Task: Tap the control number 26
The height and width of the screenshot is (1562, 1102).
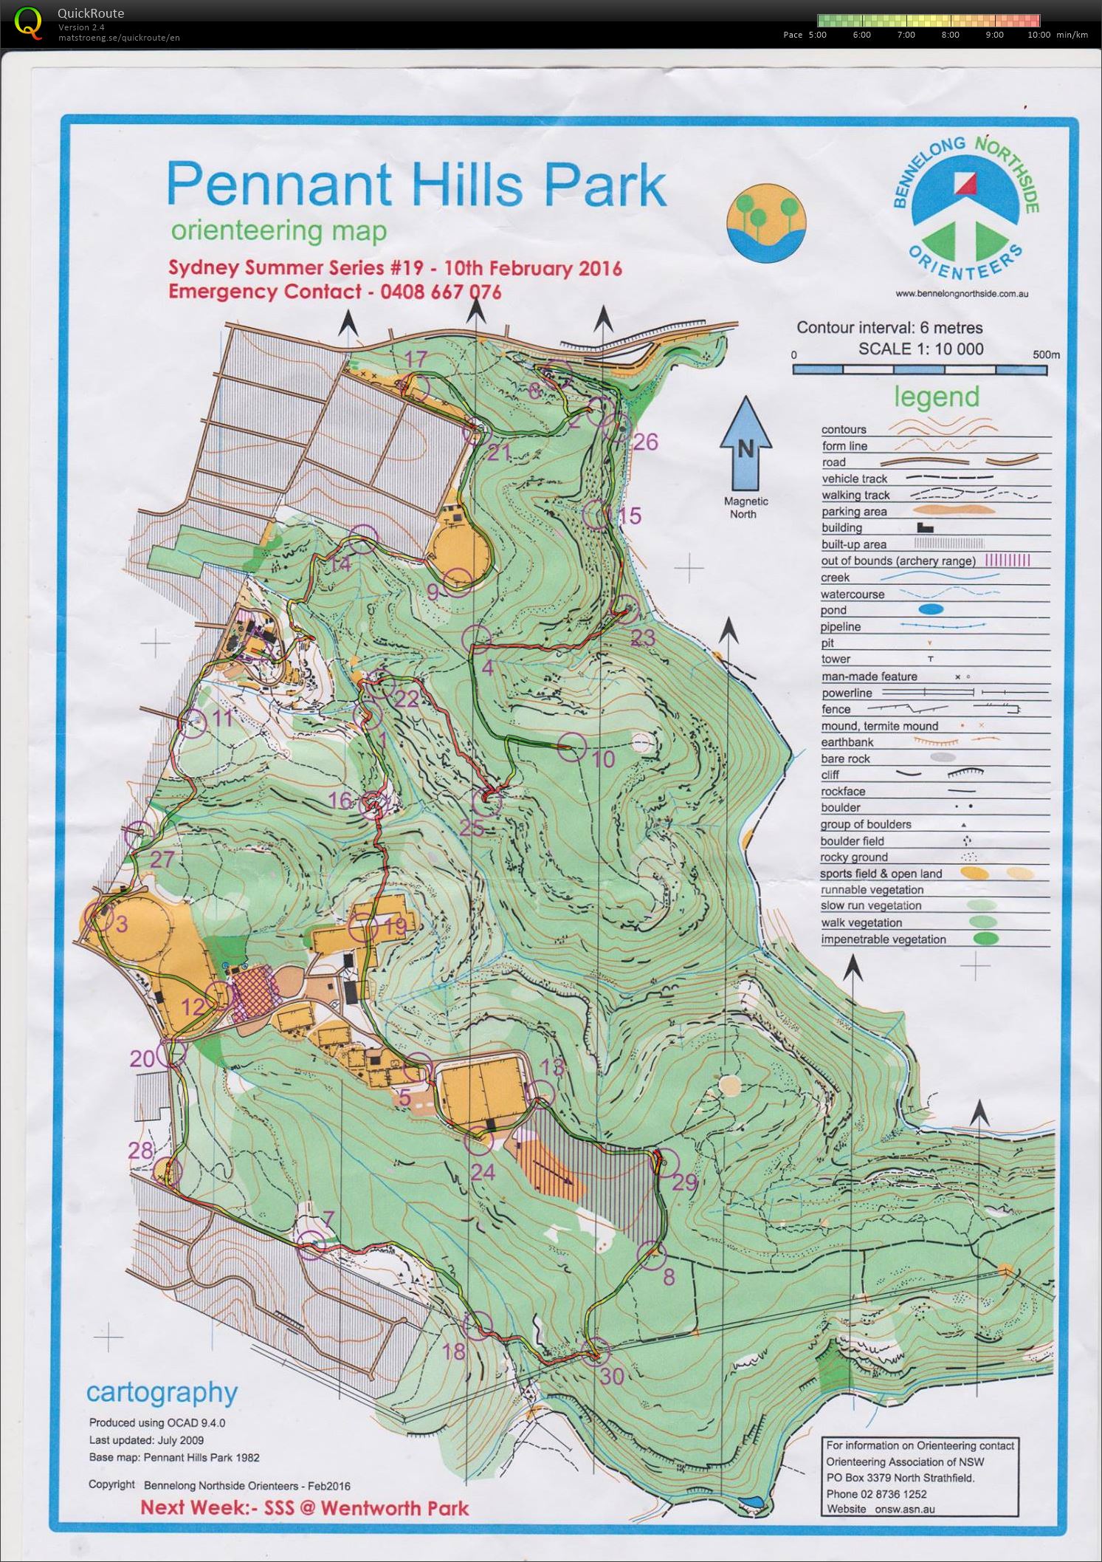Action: tap(645, 442)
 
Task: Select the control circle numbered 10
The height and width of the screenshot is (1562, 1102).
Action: tap(572, 747)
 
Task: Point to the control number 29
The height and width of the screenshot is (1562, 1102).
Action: tap(684, 1182)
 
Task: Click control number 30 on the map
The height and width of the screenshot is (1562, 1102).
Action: tap(612, 1375)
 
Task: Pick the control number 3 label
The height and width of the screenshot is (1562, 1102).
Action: tap(122, 924)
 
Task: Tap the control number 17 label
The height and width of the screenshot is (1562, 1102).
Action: tap(416, 360)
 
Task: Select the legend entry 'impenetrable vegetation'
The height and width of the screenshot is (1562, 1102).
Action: tap(883, 939)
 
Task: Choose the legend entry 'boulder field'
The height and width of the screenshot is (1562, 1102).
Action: tap(852, 841)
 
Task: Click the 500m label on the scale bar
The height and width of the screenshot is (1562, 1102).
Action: tap(1046, 354)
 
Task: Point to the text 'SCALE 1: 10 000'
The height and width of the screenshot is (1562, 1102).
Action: tap(920, 349)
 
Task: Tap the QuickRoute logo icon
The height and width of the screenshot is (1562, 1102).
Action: tap(28, 22)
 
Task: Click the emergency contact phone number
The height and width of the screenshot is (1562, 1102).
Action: tap(441, 292)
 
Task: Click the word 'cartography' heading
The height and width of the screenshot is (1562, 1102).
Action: tap(162, 1392)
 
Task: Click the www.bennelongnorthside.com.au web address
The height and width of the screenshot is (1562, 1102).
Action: tap(962, 293)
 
